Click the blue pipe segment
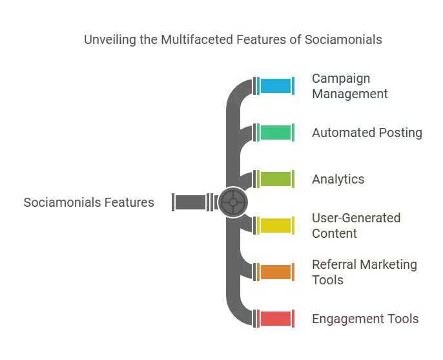[x=276, y=86]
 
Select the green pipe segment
[x=276, y=132]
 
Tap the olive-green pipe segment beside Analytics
[x=276, y=179]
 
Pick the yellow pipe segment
[x=276, y=226]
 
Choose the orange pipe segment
[x=276, y=272]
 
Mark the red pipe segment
[x=276, y=319]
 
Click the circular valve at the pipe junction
[x=232, y=202]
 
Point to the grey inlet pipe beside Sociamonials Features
[x=191, y=202]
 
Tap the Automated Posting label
[x=367, y=132]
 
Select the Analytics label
[x=338, y=179]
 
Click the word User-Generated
[x=356, y=218]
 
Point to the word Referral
[x=334, y=264]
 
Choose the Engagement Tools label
[x=365, y=319]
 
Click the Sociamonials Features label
[x=89, y=202]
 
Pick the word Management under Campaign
[x=350, y=94]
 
